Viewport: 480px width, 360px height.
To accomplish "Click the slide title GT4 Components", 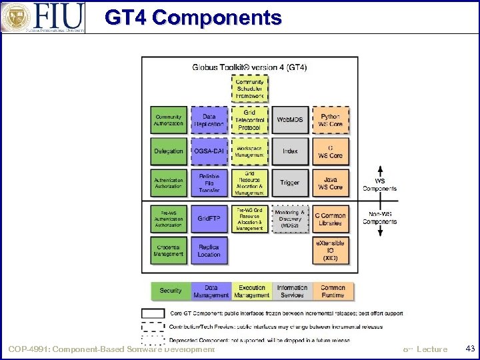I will point(193,18).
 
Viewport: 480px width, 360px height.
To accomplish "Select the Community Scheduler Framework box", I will point(250,89).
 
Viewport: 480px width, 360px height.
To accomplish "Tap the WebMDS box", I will point(290,120).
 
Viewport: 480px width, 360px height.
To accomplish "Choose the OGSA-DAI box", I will point(209,151).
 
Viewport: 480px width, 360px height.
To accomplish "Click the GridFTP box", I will point(209,218).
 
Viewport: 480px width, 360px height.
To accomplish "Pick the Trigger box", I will point(290,183).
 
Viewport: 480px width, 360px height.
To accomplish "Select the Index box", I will point(290,151).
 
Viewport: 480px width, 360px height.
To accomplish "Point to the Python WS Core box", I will point(331,120).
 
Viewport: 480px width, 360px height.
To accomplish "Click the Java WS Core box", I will point(331,183).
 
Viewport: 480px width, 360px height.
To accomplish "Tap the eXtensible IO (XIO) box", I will point(331,250).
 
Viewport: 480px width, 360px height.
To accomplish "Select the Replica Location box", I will point(209,250).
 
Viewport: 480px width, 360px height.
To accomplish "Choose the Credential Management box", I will point(169,250).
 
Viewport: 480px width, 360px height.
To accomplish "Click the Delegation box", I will point(169,151).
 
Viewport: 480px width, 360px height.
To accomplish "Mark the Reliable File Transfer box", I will point(209,183).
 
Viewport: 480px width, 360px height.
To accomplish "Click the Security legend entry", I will point(171,291).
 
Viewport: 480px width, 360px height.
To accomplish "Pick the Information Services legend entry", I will point(292,291).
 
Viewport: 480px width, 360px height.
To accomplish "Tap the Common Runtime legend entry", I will point(333,291).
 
